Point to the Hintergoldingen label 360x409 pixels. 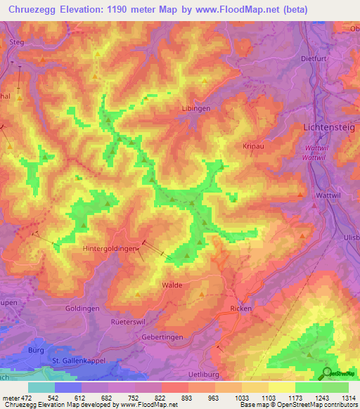[x=110, y=248]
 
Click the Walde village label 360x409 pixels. [x=172, y=285]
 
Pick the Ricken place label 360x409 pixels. [x=241, y=309]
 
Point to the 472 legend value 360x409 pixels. [x=25, y=398]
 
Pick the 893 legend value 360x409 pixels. [x=188, y=398]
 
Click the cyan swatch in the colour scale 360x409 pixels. [x=41, y=387]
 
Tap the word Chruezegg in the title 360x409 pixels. [x=32, y=9]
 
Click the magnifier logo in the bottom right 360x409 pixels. [x=327, y=372]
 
